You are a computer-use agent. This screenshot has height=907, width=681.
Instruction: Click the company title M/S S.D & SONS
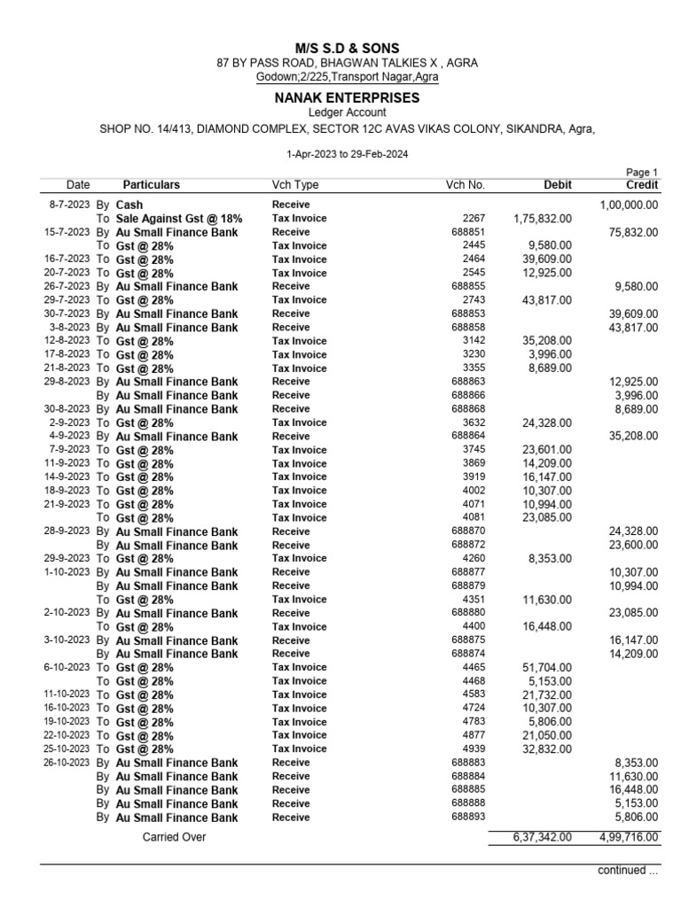(347, 47)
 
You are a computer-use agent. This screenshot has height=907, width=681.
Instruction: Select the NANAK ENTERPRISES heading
(347, 97)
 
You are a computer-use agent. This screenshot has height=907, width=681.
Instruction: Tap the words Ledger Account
(347, 112)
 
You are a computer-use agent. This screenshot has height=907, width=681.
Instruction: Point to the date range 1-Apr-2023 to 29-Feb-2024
(347, 154)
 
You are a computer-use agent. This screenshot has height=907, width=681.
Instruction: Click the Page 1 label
(642, 173)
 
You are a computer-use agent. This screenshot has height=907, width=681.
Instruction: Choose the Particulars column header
(151, 185)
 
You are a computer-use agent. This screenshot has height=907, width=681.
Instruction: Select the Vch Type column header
(295, 185)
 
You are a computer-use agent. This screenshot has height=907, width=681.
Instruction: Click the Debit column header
(557, 185)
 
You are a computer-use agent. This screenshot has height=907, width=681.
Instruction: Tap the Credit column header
(641, 185)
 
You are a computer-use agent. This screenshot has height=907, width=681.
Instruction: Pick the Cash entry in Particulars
(129, 205)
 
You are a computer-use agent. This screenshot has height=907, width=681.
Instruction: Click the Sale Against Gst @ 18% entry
(179, 218)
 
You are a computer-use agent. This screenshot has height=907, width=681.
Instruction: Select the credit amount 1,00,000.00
(629, 205)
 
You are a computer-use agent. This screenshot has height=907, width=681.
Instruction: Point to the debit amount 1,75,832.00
(542, 218)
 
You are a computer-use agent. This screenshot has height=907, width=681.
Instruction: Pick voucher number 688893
(468, 817)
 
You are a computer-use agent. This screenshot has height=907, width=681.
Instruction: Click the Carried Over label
(174, 837)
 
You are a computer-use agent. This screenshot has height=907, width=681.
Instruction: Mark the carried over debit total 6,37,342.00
(542, 837)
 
